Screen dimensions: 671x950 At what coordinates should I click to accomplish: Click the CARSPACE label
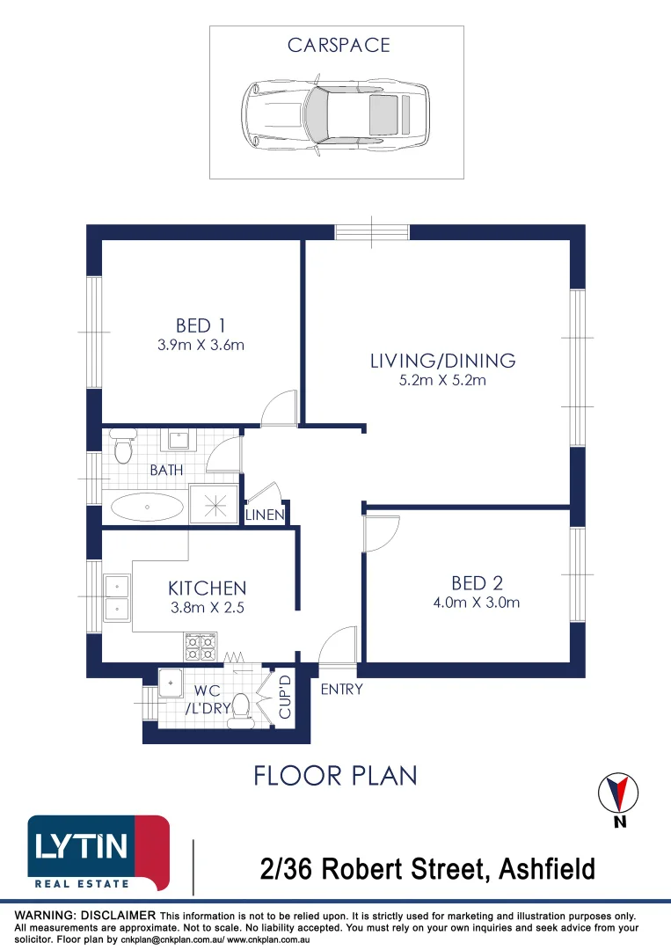pos(339,45)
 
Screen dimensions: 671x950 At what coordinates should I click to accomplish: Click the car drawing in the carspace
pos(336,114)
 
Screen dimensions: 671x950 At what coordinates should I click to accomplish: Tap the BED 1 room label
pos(201,326)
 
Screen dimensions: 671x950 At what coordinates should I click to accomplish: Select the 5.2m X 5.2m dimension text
pos(442,381)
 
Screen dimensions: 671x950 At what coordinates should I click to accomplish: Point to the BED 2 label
pos(478,583)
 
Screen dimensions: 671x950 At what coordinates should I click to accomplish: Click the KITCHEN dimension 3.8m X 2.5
pos(208,608)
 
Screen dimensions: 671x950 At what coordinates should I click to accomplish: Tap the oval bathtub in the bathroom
pos(147,508)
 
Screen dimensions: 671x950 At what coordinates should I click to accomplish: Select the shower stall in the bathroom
pos(215,504)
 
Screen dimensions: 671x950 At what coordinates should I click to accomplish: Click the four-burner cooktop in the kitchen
pos(201,647)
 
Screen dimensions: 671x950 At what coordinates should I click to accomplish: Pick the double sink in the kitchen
pos(116,598)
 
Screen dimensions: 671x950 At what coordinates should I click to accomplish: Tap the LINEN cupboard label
pos(265,515)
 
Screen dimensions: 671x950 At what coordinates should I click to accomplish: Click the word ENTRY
pos(341,690)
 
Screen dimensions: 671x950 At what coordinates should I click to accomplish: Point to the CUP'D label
pos(285,697)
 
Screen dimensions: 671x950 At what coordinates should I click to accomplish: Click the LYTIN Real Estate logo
pos(98,853)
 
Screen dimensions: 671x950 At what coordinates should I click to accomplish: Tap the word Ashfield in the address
pos(547,869)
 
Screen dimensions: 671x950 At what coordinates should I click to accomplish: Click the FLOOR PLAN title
pos(336,776)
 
